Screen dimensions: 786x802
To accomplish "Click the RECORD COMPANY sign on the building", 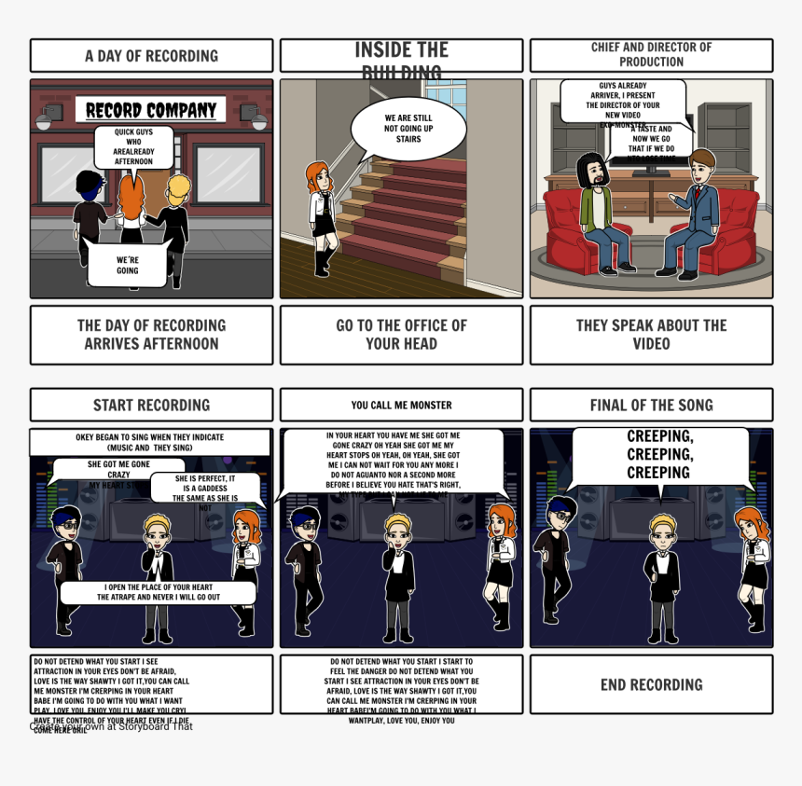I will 151,110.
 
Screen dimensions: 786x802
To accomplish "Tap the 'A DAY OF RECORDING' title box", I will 151,56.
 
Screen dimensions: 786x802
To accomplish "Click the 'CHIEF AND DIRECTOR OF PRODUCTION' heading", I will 651,55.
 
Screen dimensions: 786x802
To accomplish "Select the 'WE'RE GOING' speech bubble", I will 128,264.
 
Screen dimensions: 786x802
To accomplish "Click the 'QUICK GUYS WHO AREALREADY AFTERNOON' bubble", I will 134,146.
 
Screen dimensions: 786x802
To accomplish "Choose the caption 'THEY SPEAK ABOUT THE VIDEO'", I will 651,335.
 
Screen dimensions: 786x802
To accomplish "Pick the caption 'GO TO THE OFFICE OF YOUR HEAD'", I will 401,335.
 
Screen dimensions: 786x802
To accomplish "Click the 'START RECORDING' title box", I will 151,405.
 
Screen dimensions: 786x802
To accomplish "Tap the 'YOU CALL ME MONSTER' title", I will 401,405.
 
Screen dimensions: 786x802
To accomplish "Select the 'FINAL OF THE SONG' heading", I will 651,405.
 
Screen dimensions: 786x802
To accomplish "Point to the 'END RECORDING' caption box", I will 651,684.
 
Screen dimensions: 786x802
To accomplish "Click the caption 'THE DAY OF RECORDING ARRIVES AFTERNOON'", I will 151,335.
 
